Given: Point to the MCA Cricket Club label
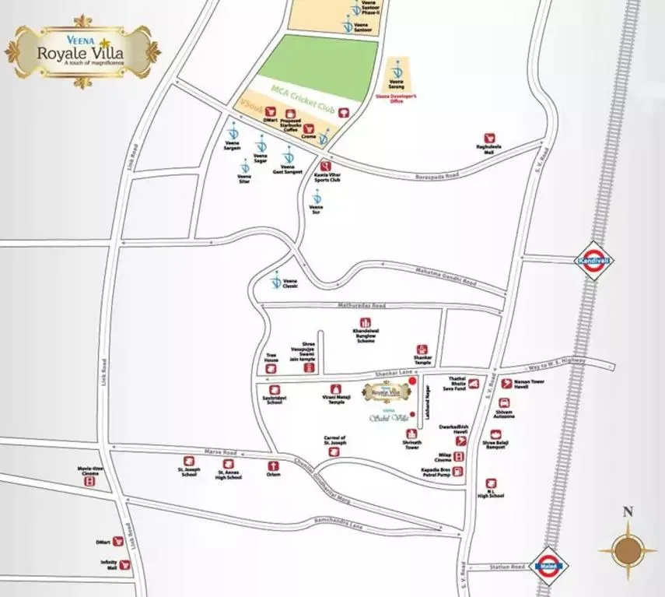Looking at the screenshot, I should (303, 100).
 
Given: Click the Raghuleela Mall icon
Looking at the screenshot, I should (489, 137).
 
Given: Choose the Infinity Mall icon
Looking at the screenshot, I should (124, 564).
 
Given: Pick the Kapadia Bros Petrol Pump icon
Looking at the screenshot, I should (459, 471).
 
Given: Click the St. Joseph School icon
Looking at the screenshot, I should (189, 461).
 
